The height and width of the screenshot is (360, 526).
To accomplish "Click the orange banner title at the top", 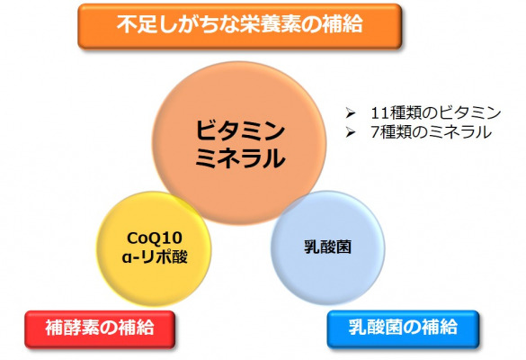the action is (x=240, y=26).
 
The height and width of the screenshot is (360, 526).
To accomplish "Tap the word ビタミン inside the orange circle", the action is (x=240, y=131).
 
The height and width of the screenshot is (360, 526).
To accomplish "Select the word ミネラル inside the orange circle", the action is (x=240, y=158).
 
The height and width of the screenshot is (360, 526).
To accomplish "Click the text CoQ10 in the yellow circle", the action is (x=155, y=238).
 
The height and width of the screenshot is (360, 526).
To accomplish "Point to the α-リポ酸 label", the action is (x=155, y=257).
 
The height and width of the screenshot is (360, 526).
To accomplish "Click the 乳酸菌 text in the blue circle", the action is (x=328, y=247).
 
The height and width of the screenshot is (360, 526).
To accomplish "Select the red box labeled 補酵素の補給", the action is (x=100, y=329).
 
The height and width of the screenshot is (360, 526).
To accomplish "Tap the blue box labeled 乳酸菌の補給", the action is (x=403, y=328).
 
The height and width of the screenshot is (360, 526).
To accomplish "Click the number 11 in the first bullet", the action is (x=379, y=113).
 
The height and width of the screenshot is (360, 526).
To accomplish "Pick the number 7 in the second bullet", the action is (x=375, y=132).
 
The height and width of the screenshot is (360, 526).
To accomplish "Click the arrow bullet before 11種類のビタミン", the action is (x=351, y=113).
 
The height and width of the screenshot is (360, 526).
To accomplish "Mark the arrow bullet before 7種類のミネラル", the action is (x=351, y=132).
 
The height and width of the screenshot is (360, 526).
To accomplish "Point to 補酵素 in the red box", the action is (x=73, y=327).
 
